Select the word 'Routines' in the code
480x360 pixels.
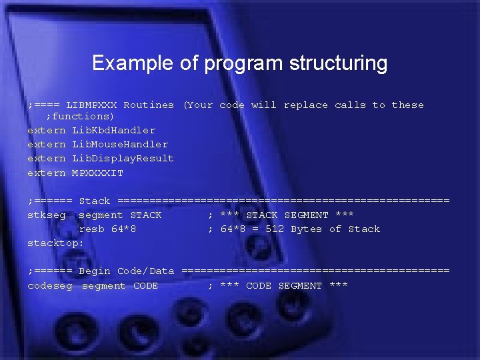[x=149, y=105]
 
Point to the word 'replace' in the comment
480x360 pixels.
[x=306, y=105]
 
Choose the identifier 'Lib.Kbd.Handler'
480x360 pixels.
[x=113, y=131]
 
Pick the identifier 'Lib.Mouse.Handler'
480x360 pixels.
[x=120, y=145]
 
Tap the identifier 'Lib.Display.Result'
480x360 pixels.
[x=123, y=159]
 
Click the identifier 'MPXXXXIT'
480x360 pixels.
[x=97, y=173]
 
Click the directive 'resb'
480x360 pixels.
[x=91, y=229]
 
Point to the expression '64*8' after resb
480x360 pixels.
[x=123, y=229]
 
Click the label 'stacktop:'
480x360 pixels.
[x=55, y=243]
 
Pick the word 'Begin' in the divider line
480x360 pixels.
[x=95, y=271]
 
